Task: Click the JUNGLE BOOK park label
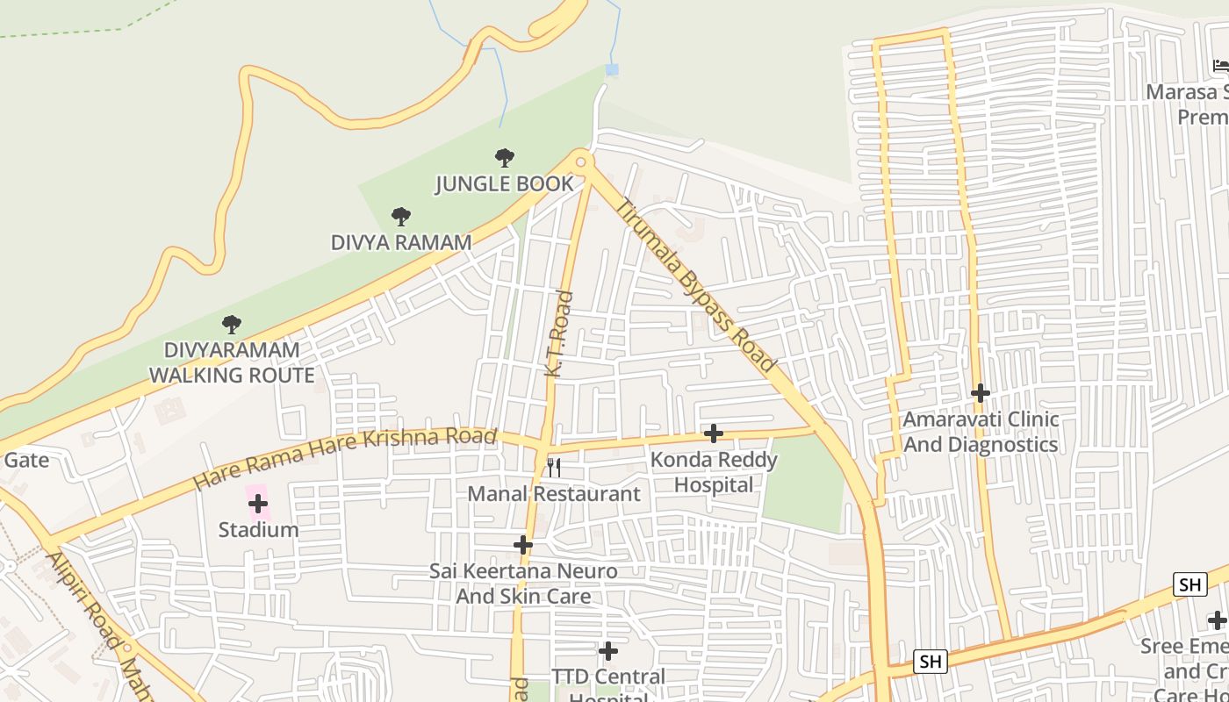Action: coord(505,184)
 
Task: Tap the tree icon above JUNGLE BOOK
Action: coord(505,158)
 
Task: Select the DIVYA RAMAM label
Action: coord(401,242)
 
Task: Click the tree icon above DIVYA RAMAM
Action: coord(401,216)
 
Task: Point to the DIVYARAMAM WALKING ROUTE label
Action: coord(232,362)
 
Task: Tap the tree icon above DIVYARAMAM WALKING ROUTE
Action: coord(232,325)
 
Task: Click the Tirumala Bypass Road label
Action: coord(697,285)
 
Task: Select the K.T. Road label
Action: coord(559,334)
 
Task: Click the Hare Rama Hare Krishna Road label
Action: coord(345,457)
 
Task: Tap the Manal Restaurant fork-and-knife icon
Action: coord(554,467)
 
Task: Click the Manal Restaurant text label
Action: coord(554,494)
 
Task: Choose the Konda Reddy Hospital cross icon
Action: coord(714,433)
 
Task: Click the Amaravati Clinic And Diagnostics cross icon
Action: coord(981,393)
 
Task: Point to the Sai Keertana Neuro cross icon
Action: coord(523,545)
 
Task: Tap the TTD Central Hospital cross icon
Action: coord(608,651)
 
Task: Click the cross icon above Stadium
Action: coord(258,504)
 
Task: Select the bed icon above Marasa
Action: coord(1220,66)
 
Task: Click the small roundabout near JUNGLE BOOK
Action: coord(580,161)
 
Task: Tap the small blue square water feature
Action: coord(612,69)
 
